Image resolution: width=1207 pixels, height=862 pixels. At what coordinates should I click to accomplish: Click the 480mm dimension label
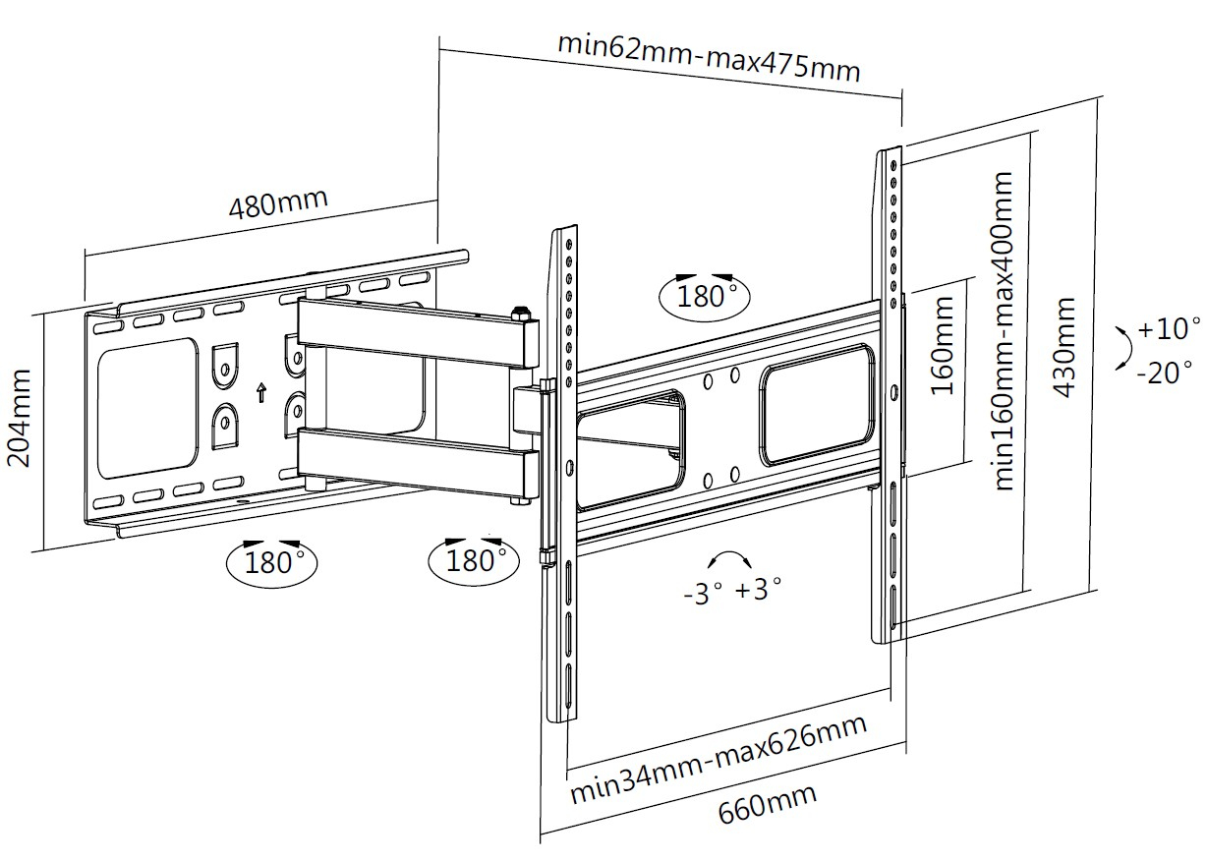pos(277,201)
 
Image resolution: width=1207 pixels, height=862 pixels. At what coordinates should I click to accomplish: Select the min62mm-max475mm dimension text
pos(709,58)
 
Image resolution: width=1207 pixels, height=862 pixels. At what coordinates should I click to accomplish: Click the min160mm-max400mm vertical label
pos(1004,331)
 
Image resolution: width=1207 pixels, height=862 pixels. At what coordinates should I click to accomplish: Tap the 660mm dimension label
pos(768,805)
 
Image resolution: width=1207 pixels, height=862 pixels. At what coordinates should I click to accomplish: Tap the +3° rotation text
pos(758,590)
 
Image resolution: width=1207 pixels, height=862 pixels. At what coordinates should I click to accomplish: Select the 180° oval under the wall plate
pos(272,561)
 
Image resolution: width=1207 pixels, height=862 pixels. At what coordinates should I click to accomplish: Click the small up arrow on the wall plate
pos(260,393)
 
